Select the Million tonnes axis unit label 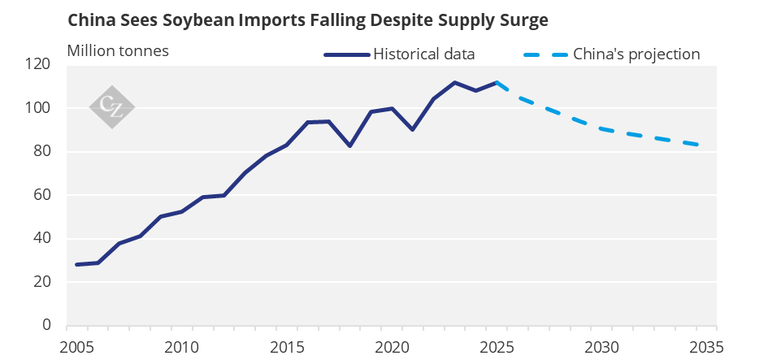(x=118, y=51)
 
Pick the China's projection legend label (x=636, y=54)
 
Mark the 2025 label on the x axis (x=497, y=347)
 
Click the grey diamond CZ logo (x=111, y=107)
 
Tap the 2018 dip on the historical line (x=349, y=145)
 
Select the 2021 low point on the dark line (x=412, y=129)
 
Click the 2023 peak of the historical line (x=454, y=82)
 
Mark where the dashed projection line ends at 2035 (x=697, y=145)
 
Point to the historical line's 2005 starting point (x=77, y=264)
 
